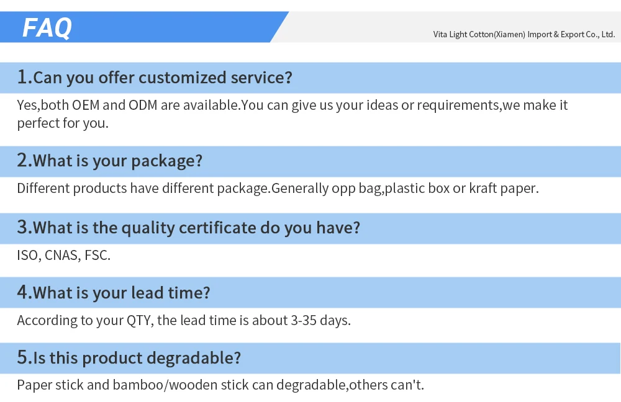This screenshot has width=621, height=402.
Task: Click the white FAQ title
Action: (x=47, y=28)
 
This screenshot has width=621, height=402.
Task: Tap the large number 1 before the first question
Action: (x=22, y=77)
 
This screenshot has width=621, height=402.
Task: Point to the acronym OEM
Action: (x=86, y=105)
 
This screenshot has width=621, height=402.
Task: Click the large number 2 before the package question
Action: (x=23, y=160)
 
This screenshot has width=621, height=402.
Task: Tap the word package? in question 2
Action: (x=166, y=161)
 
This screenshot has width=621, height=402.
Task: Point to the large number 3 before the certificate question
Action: (x=23, y=227)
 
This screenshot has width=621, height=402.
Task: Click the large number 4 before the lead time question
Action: (x=23, y=292)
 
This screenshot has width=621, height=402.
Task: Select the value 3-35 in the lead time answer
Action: (x=304, y=320)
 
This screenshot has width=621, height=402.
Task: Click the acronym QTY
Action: (x=140, y=321)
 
